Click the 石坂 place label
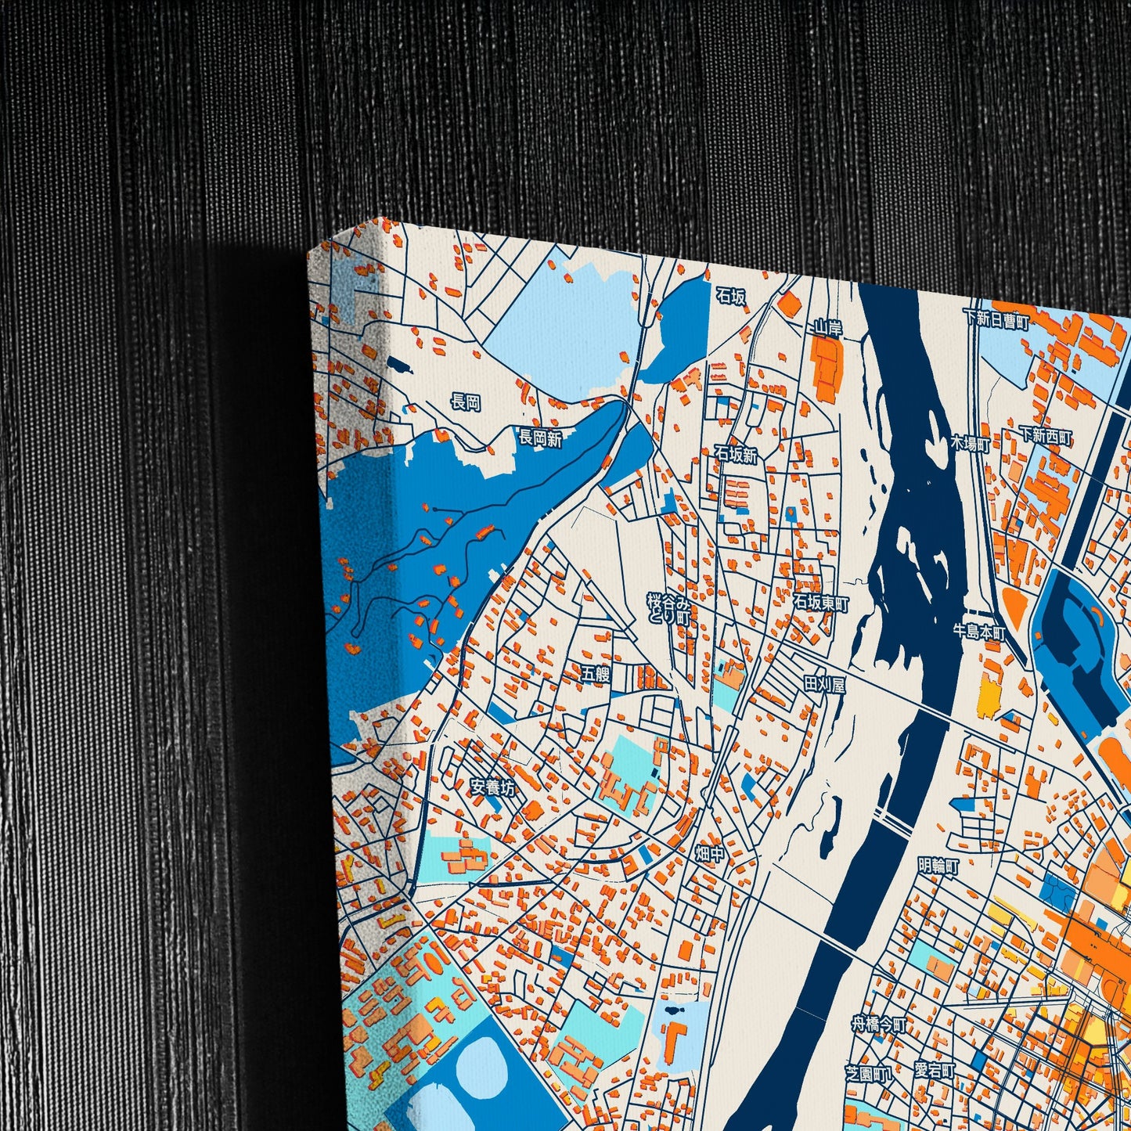[730, 296]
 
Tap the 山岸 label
[827, 328]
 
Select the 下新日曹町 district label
[996, 319]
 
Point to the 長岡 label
[466, 402]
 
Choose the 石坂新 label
[736, 455]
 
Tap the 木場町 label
[971, 444]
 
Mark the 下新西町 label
[1046, 436]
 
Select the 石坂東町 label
[820, 603]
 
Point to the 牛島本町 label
[978, 630]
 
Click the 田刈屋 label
[825, 685]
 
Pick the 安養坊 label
[493, 787]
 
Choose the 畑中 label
[710, 854]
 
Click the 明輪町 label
[938, 866]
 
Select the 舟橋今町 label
[878, 1024]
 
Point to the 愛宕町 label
[934, 1070]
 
